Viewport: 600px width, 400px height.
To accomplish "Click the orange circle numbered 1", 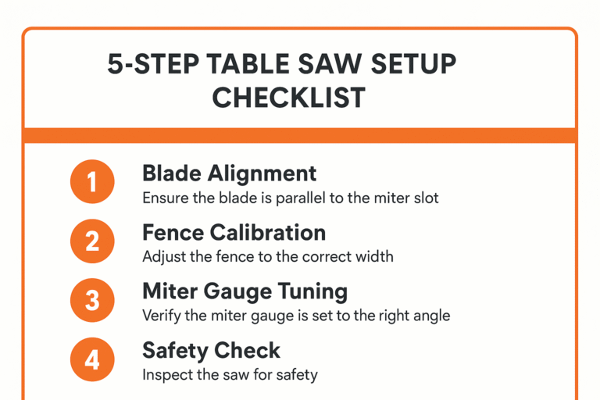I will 92,182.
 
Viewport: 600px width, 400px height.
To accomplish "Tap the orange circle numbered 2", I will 92,241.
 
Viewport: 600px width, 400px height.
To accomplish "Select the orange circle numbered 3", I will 92,301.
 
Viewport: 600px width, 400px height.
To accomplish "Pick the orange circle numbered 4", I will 92,360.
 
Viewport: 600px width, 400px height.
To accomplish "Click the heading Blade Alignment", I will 229,173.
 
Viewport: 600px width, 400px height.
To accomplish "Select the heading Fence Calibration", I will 234,233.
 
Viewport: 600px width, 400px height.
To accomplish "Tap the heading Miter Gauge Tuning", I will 245,291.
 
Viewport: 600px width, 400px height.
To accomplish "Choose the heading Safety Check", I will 211,351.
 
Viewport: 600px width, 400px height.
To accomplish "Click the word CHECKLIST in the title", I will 288,98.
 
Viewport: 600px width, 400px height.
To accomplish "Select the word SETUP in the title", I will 413,64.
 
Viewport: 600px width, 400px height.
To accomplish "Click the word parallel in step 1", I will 300,198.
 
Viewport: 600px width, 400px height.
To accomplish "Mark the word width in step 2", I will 373,257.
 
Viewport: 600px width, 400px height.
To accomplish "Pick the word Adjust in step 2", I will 162,257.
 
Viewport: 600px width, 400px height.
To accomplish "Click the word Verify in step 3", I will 161,316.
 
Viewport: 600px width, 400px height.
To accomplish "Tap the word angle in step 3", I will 430,316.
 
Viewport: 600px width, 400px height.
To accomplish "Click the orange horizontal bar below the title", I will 300,135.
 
